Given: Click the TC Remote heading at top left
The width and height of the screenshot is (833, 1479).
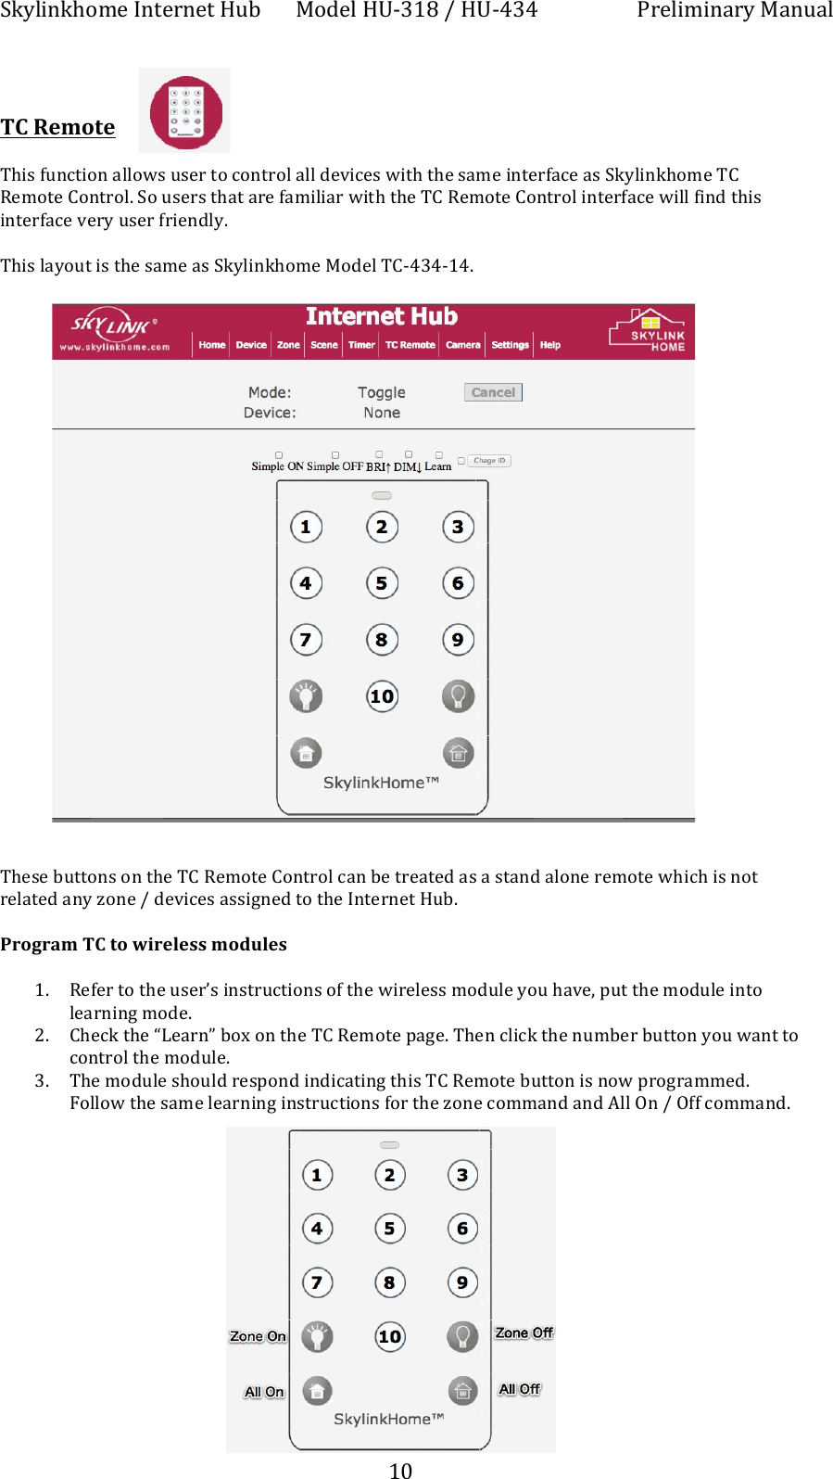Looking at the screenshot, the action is coord(57,127).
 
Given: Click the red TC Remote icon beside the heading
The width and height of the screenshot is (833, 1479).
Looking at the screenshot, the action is coord(185,111).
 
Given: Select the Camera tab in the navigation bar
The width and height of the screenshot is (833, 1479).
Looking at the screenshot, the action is coord(462,345).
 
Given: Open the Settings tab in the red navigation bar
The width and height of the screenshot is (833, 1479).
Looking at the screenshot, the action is coord(510,345).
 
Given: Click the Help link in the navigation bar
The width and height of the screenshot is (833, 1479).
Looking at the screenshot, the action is coord(550,345).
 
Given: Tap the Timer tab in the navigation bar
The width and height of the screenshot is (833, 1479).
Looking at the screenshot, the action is coord(361,345).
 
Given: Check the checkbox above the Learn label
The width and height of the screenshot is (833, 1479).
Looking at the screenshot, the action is coord(439,455).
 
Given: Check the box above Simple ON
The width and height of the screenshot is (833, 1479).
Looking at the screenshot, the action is coord(279,455).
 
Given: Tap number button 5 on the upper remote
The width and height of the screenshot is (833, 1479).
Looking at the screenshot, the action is coord(382,583).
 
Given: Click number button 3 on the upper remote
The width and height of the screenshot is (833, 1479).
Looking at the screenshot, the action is coord(458,527).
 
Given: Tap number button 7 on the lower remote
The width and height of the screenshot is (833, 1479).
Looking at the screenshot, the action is coord(317,1282).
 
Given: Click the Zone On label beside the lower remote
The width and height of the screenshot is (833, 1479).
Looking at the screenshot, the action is coord(257,1336).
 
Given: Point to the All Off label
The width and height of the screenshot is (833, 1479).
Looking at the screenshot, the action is coord(519,1389).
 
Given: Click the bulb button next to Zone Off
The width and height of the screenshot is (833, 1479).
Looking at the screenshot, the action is coord(462,1336).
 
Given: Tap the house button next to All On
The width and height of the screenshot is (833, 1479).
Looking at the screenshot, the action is coord(317,1390).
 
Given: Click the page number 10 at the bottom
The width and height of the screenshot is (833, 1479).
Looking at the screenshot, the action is coord(400,1470).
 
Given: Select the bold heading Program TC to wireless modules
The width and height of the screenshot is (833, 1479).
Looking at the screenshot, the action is coord(144,944).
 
